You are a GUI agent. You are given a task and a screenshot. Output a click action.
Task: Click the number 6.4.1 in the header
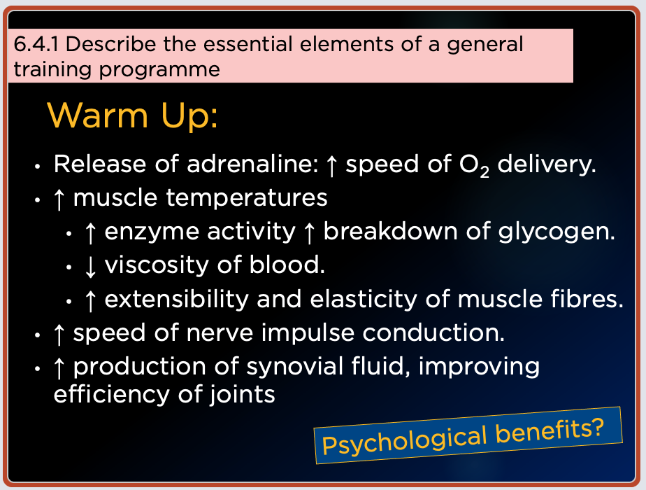pos(36,44)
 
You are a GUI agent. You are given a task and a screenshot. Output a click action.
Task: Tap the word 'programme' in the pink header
pos(159,70)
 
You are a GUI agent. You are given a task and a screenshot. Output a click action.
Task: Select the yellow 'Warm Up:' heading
pos(132,115)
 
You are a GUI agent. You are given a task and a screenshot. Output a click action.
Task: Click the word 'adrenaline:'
pos(252,164)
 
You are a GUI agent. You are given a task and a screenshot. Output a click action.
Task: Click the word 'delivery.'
pos(547,165)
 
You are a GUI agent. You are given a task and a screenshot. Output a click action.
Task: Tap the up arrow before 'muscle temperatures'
pos(59,199)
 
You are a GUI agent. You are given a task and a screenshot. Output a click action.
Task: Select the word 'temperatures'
pos(247,198)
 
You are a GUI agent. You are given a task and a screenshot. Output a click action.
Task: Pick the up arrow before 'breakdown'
pos(308,232)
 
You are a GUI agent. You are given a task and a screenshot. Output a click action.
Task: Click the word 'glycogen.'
pos(557,232)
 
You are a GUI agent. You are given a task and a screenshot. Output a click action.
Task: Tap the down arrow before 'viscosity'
pos(90,266)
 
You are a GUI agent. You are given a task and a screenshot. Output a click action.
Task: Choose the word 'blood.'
pos(287,265)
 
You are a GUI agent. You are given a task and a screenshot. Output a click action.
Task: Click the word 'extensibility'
pos(176,300)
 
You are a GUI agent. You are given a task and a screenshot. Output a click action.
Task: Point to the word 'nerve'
pos(220,334)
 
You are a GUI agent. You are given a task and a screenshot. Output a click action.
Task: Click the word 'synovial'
pos(294,367)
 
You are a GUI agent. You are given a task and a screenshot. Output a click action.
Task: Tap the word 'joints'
pos(242,395)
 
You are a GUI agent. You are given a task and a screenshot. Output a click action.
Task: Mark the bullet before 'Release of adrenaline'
pos(38,166)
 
